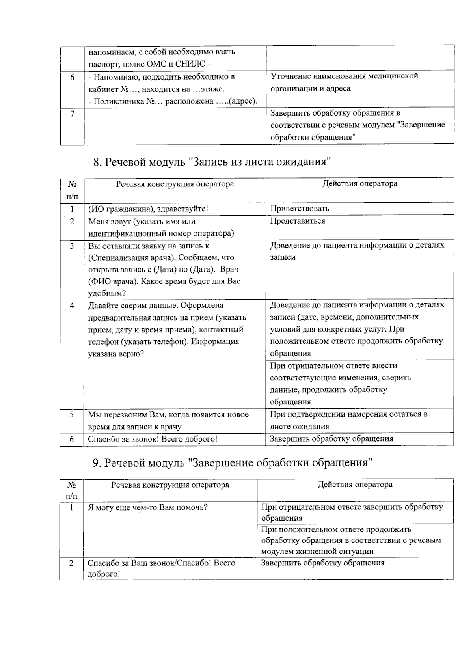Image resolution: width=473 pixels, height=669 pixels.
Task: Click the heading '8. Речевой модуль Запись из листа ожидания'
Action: coord(212,162)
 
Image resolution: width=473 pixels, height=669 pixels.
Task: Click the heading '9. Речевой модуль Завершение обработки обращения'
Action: coord(233,462)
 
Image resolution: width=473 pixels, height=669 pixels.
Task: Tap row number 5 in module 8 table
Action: coord(72,415)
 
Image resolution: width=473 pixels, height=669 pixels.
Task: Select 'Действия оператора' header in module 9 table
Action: coord(355,485)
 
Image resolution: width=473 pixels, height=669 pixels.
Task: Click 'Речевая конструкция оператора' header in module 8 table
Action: coord(175,184)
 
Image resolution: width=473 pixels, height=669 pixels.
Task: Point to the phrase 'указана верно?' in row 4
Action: coord(115,354)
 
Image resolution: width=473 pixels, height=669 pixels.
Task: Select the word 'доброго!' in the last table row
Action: coord(103,574)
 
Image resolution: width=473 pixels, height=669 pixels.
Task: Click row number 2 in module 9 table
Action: coord(71,563)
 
